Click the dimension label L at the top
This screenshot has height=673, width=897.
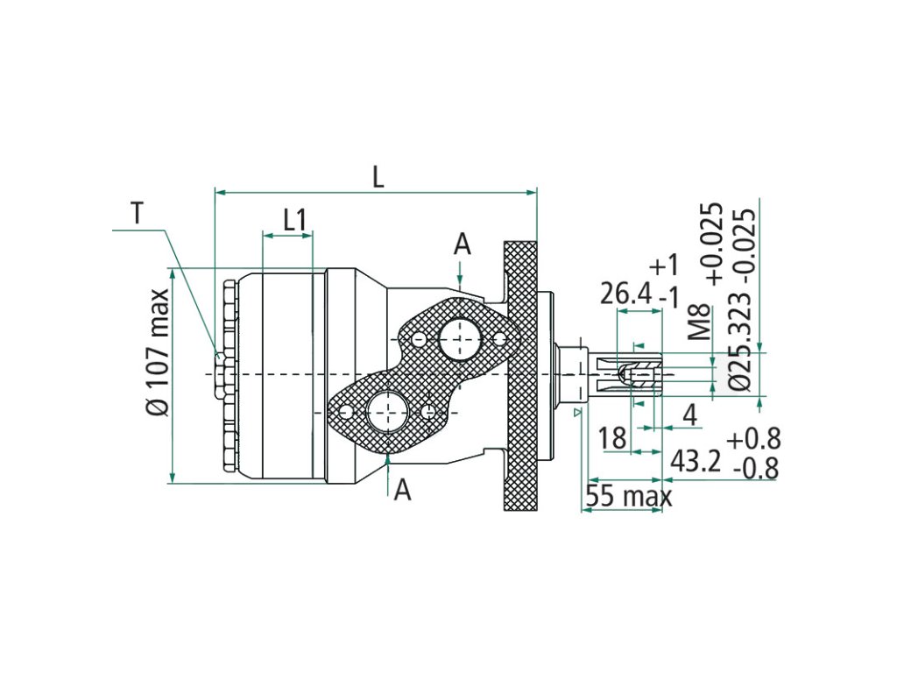point(378,177)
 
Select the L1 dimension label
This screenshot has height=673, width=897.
point(294,219)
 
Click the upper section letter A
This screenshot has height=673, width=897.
point(462,244)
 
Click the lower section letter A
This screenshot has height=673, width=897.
point(402,490)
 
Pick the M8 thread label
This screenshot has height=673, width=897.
point(699,322)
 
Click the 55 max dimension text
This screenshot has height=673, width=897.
point(628,497)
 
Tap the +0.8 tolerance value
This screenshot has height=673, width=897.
point(753,438)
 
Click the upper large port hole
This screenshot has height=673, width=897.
point(460,340)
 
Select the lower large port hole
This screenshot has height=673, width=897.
point(386,410)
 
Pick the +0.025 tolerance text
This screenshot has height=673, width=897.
point(714,244)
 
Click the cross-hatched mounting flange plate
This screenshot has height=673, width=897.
point(521,377)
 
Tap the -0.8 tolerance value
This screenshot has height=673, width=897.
point(755,469)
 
